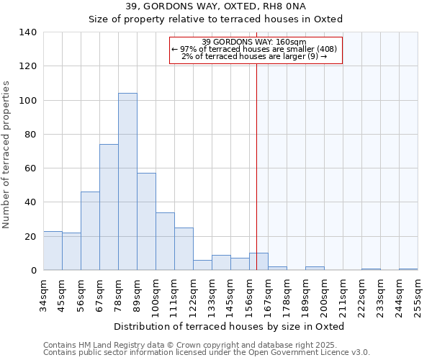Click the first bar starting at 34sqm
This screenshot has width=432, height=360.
click(x=53, y=251)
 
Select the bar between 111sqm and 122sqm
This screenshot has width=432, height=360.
click(x=184, y=249)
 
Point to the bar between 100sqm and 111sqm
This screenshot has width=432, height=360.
click(x=165, y=241)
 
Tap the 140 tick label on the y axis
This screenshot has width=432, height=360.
click(x=27, y=32)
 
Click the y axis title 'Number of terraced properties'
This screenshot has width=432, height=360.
click(x=7, y=155)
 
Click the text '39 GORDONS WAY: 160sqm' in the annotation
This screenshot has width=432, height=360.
click(x=255, y=42)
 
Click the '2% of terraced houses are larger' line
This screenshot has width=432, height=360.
click(x=255, y=56)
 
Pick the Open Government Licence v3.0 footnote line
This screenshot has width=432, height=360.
click(x=207, y=352)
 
